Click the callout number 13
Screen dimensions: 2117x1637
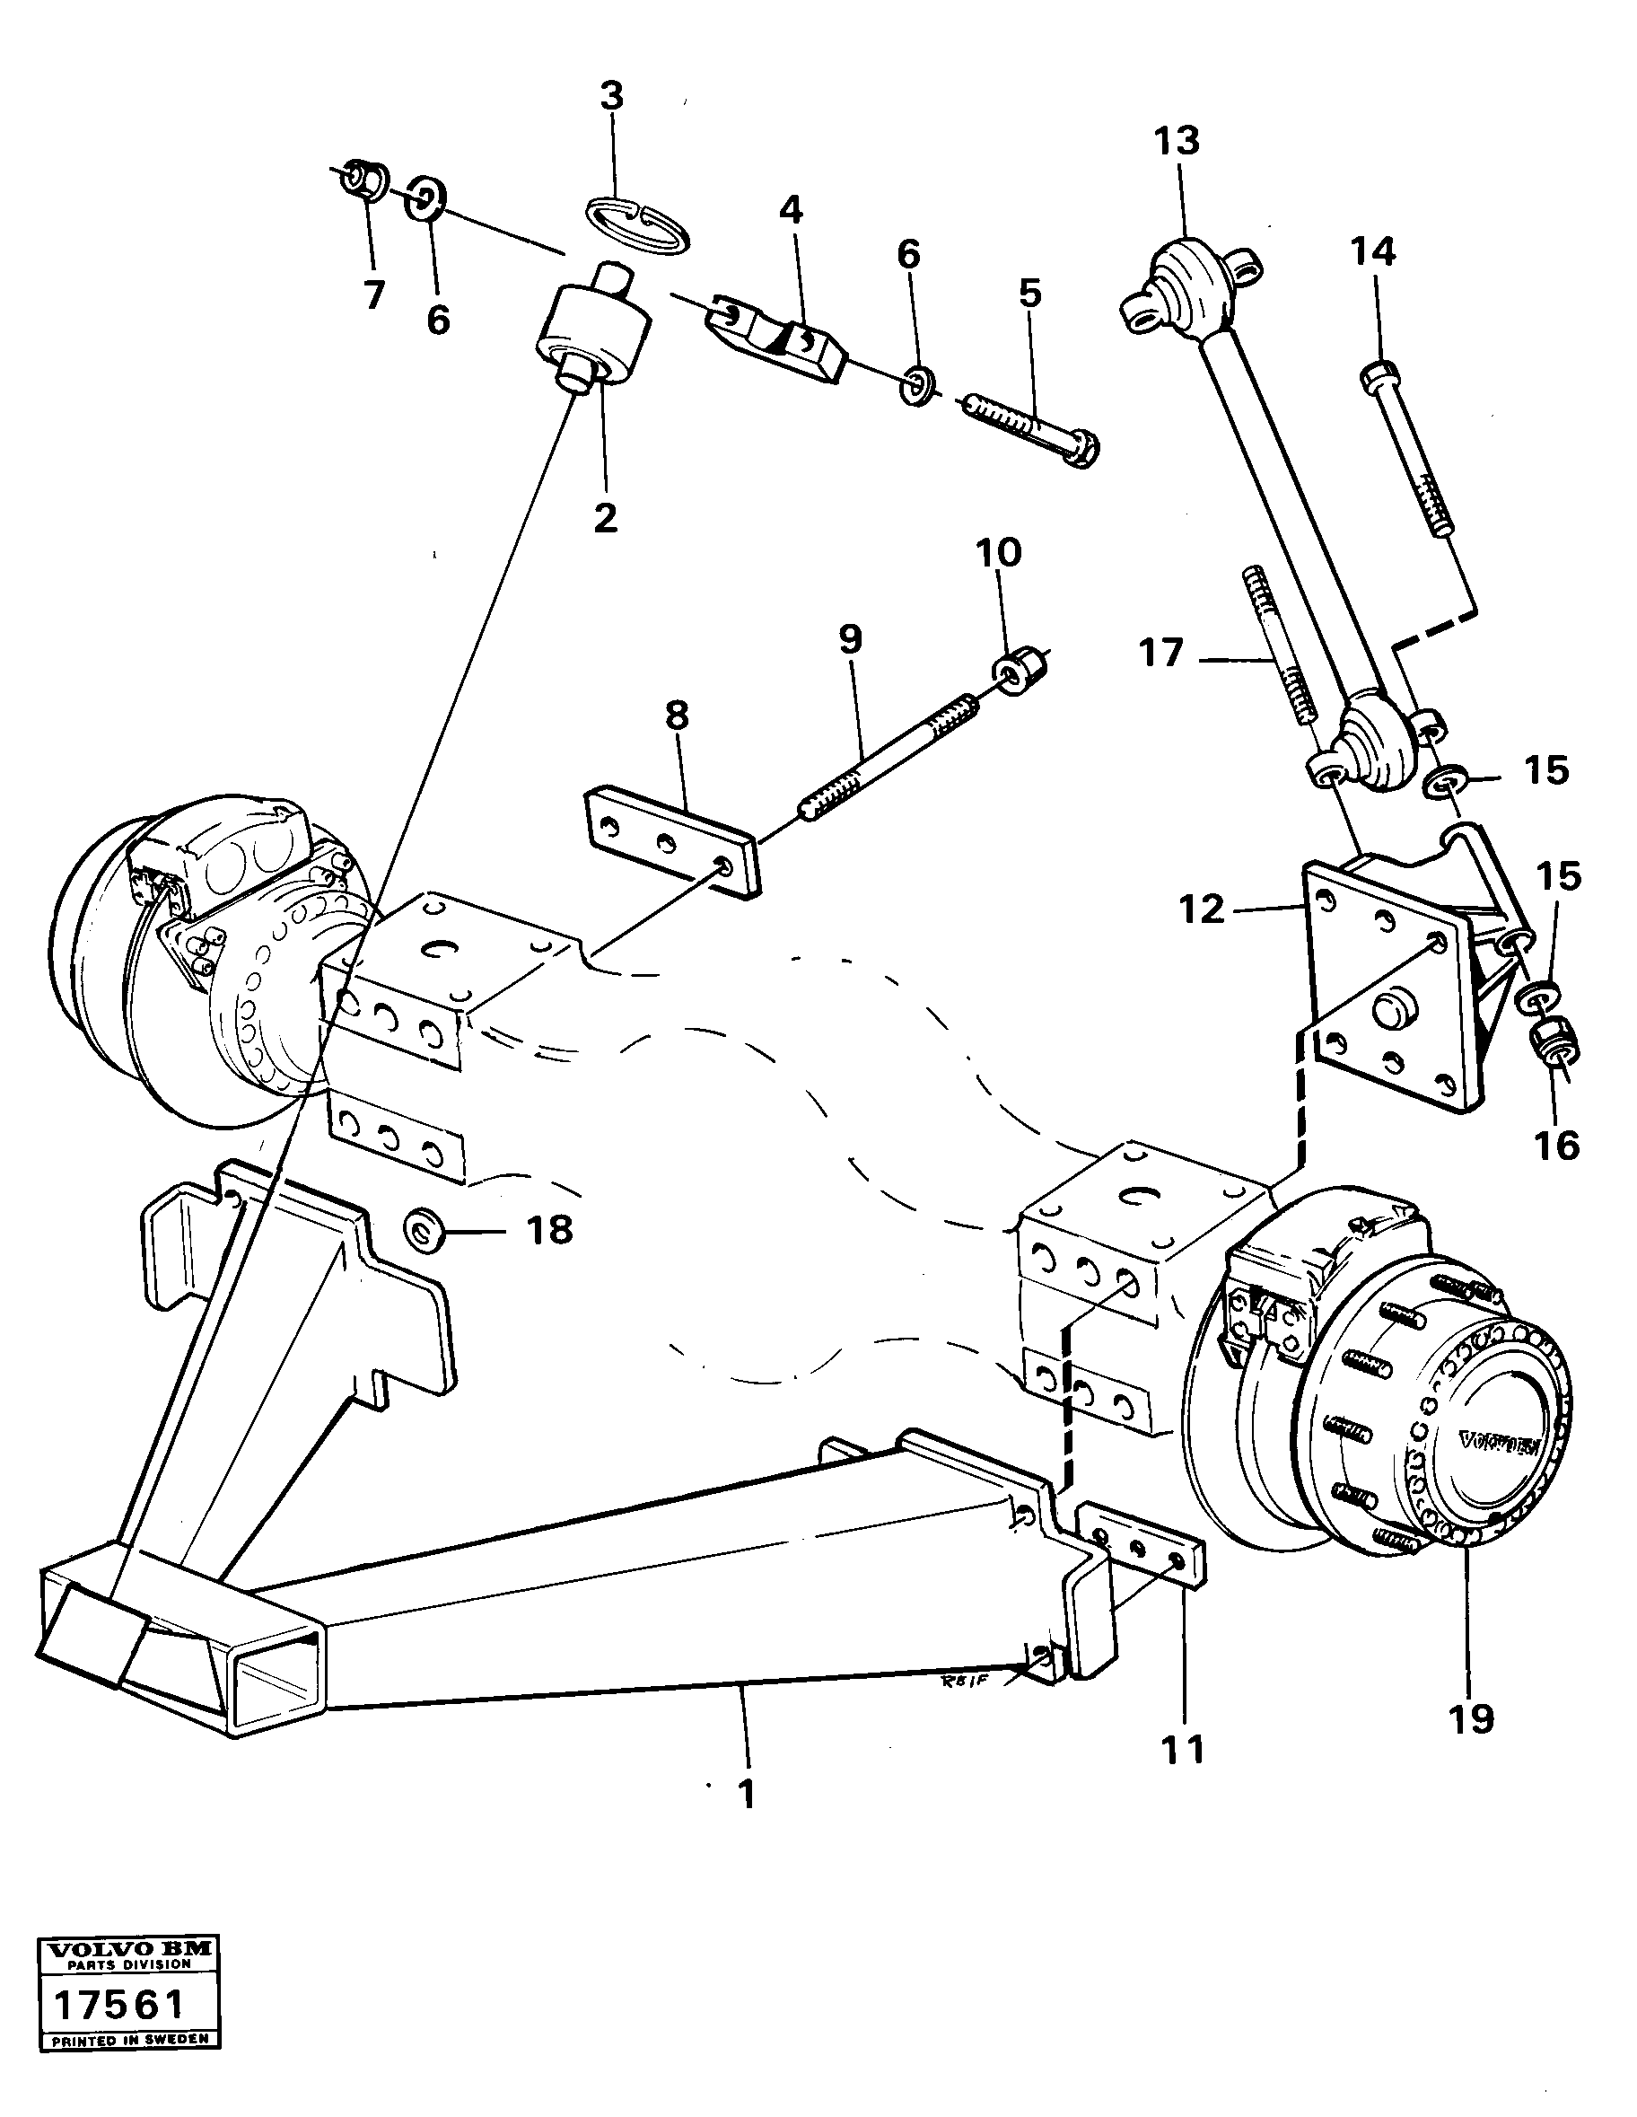pyautogui.click(x=1177, y=142)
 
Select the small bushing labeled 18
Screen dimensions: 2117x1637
pyautogui.click(x=424, y=1231)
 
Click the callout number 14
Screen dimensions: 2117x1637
pyautogui.click(x=1373, y=252)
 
